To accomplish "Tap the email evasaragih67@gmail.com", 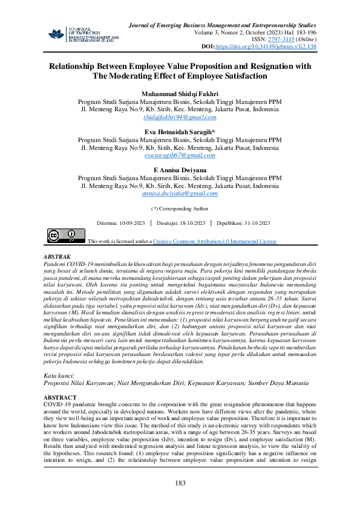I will [x=180, y=155].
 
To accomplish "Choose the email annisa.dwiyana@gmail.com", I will [x=180, y=193].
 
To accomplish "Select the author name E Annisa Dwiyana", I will [x=180, y=170].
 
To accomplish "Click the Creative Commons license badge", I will [x=62, y=236].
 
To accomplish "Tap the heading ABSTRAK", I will [x=58, y=257].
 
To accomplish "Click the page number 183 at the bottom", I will [x=180, y=483].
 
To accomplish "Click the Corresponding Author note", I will [x=180, y=209].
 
